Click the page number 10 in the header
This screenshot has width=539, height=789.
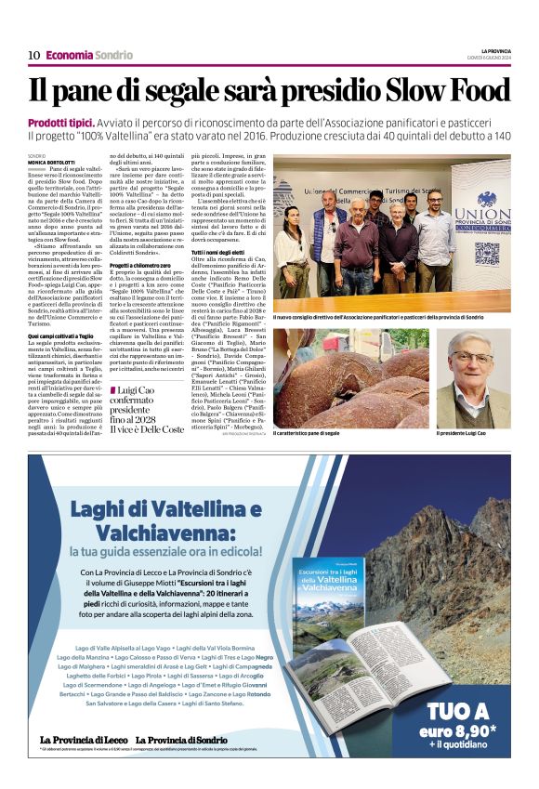[33, 55]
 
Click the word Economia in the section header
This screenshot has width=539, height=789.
[69, 55]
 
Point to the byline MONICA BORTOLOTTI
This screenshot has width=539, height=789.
[52, 162]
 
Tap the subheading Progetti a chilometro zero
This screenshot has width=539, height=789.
[146, 265]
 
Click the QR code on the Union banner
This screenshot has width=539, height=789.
[487, 254]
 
